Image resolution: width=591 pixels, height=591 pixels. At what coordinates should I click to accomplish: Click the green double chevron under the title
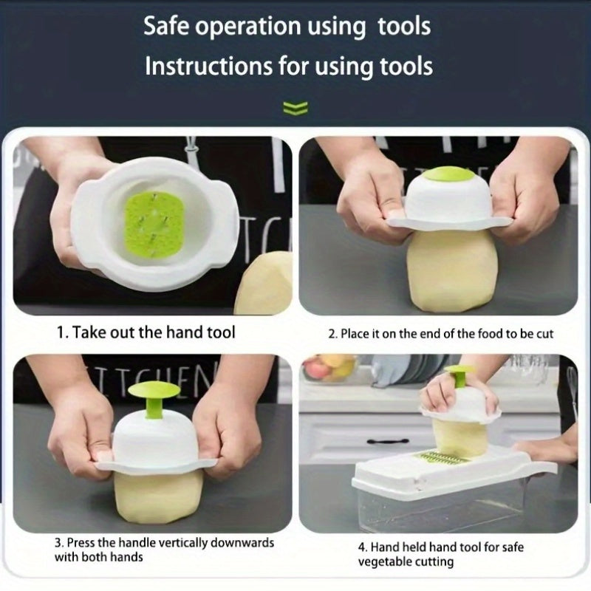click(295, 109)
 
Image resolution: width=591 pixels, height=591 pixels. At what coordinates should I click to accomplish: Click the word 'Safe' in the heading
click(166, 27)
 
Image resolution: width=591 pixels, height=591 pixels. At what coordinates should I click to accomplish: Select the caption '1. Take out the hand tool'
click(146, 332)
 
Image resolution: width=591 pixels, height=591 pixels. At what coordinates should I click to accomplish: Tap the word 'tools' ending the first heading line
click(404, 27)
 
